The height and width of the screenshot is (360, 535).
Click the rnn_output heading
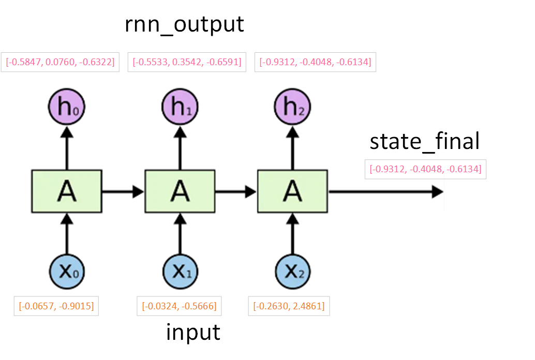click(x=184, y=25)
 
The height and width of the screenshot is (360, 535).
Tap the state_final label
click(x=425, y=141)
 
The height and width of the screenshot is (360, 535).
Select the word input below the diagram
click(x=193, y=332)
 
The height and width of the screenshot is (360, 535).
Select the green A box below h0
click(x=66, y=191)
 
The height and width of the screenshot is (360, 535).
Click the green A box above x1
click(x=180, y=191)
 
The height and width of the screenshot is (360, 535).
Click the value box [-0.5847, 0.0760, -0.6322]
click(x=60, y=62)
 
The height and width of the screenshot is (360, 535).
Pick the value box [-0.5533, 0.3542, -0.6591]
click(x=187, y=62)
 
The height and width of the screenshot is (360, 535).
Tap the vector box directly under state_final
click(x=425, y=169)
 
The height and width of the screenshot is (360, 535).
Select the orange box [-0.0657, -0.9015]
click(x=56, y=306)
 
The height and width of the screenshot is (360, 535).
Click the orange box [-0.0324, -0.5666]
click(x=180, y=306)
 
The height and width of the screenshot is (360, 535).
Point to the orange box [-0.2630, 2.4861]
click(x=289, y=306)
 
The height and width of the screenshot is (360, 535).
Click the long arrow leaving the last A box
click(x=385, y=192)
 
